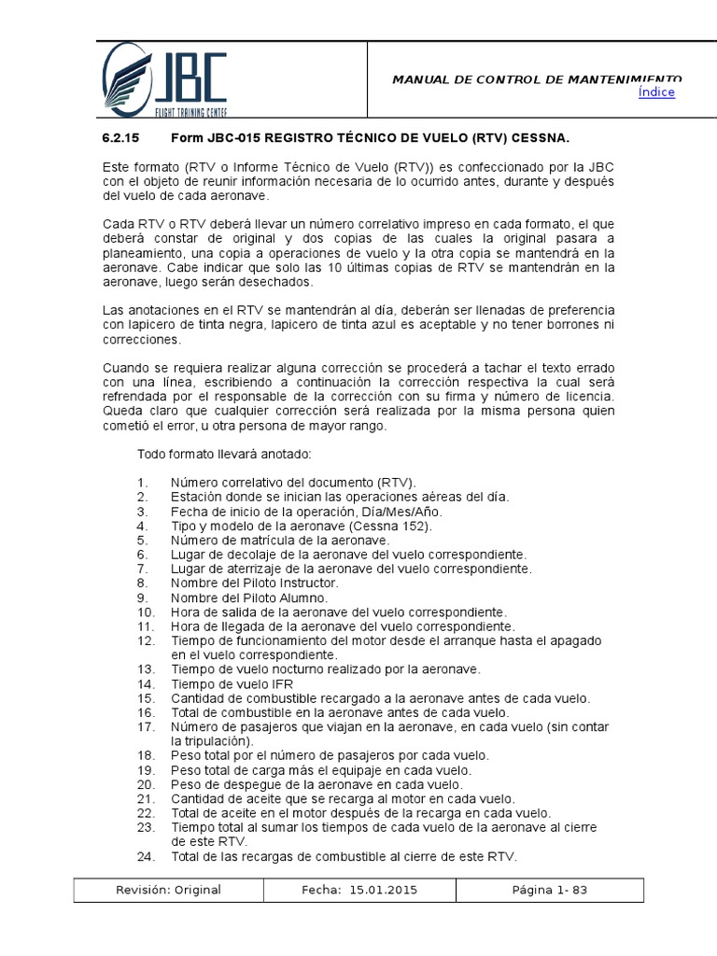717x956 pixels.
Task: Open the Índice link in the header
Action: pos(655,92)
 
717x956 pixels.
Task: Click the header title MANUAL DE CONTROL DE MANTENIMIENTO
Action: pos(537,79)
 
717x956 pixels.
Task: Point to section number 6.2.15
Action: pos(120,137)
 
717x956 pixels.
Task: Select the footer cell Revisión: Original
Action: pos(168,890)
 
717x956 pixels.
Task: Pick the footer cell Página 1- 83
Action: pos(549,890)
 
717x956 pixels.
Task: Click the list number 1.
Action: pos(142,483)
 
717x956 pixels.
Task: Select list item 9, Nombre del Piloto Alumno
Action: pos(249,597)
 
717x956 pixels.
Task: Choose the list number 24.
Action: pos(145,857)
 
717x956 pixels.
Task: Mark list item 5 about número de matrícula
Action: pos(280,541)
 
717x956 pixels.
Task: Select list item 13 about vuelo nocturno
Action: pos(325,669)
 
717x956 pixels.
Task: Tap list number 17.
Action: pos(145,726)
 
